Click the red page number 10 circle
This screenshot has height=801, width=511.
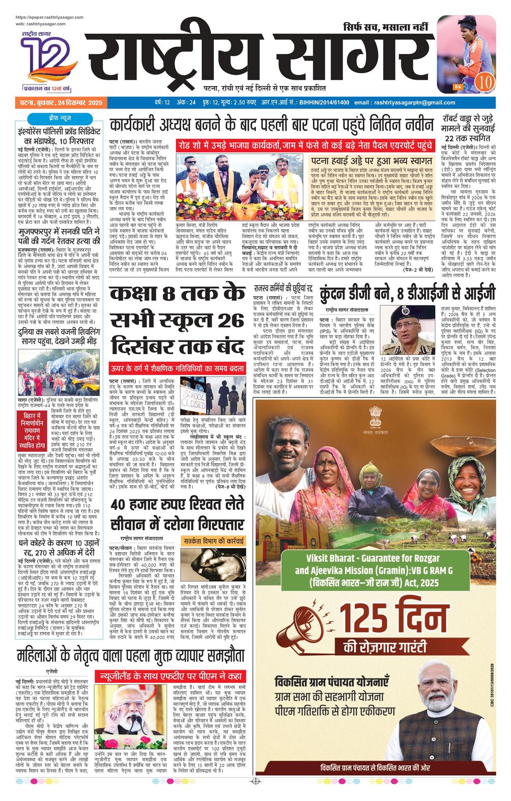pyautogui.click(x=484, y=81)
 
